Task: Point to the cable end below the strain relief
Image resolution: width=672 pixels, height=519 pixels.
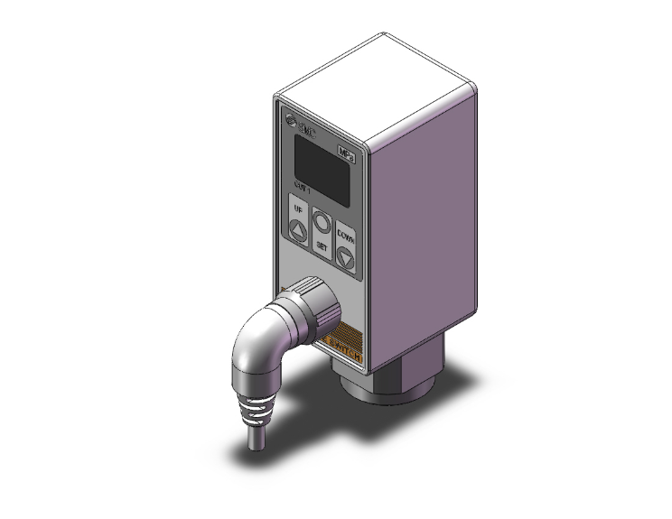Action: pos(252,442)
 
